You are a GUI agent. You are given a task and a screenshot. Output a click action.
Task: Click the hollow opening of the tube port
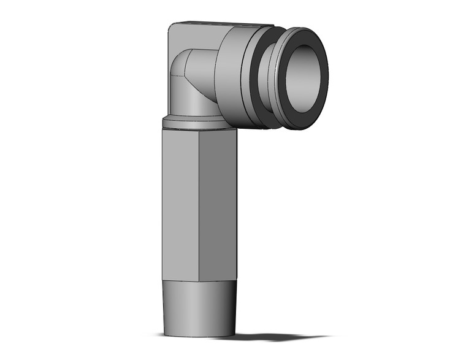303,79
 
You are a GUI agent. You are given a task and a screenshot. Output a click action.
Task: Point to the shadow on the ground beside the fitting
276,336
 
